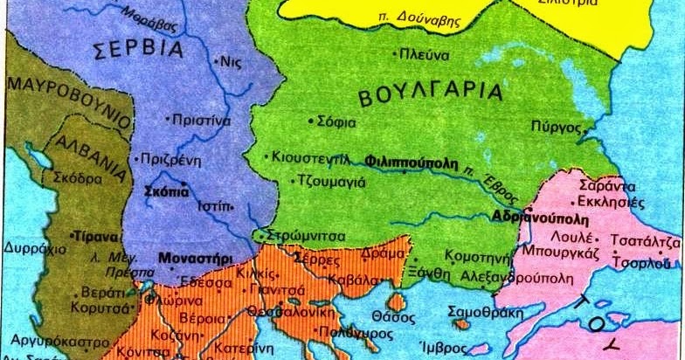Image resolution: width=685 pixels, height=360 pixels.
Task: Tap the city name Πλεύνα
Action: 424,55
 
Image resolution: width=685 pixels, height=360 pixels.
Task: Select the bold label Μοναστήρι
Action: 190,259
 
